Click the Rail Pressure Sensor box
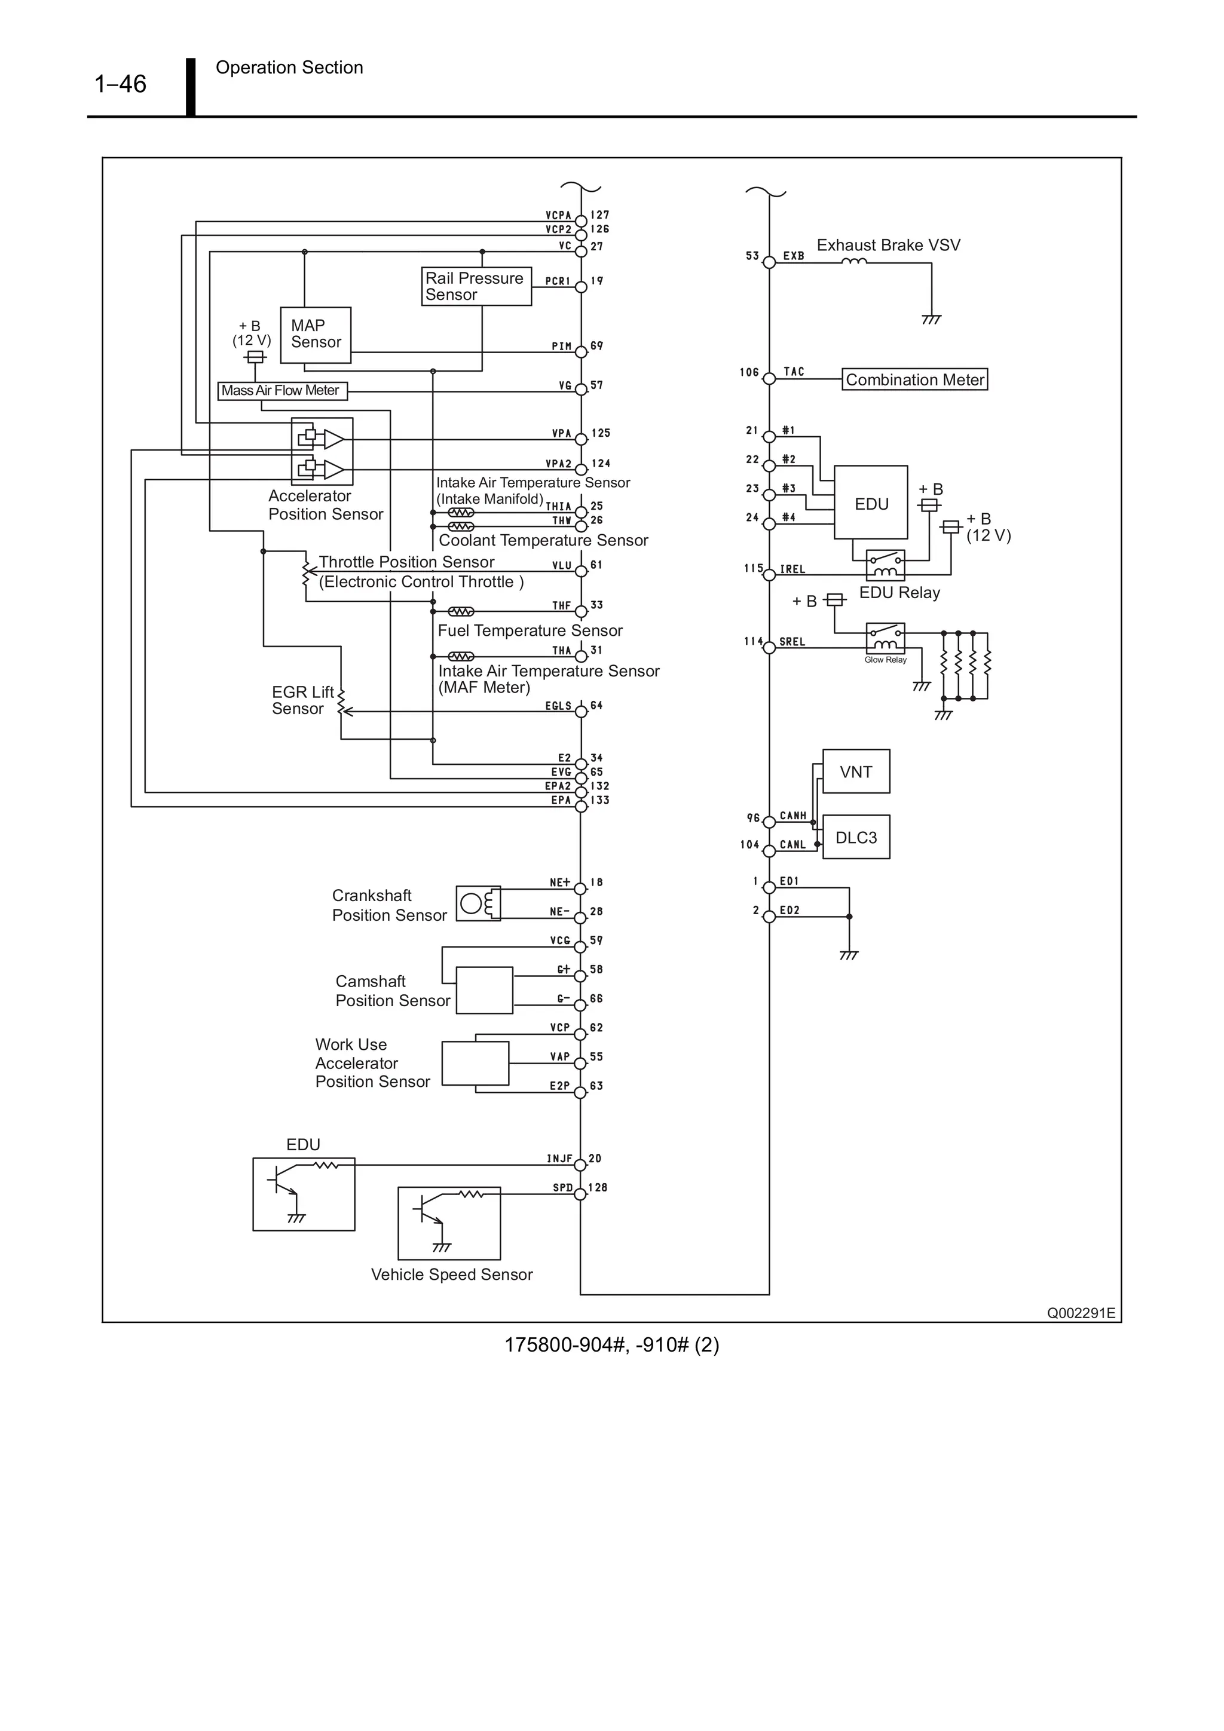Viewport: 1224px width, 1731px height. click(476, 286)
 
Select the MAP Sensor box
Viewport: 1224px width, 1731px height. click(315, 335)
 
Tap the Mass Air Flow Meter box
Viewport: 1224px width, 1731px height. click(282, 391)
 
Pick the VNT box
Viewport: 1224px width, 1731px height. click(855, 771)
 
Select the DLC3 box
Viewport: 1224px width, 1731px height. click(855, 837)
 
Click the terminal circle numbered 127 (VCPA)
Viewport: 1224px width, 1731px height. click(581, 222)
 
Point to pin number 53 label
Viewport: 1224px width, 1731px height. click(752, 256)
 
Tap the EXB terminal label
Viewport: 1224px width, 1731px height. click(793, 256)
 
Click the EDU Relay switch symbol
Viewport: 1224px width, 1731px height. click(885, 565)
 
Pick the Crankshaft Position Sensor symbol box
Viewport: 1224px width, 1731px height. click(478, 903)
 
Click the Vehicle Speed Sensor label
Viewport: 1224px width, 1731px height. click(452, 1274)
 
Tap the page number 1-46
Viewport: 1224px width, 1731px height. click(120, 84)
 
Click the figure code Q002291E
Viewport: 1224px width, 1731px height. click(1080, 1313)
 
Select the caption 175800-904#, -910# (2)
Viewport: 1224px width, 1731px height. click(611, 1345)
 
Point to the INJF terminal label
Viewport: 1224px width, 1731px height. click(559, 1159)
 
